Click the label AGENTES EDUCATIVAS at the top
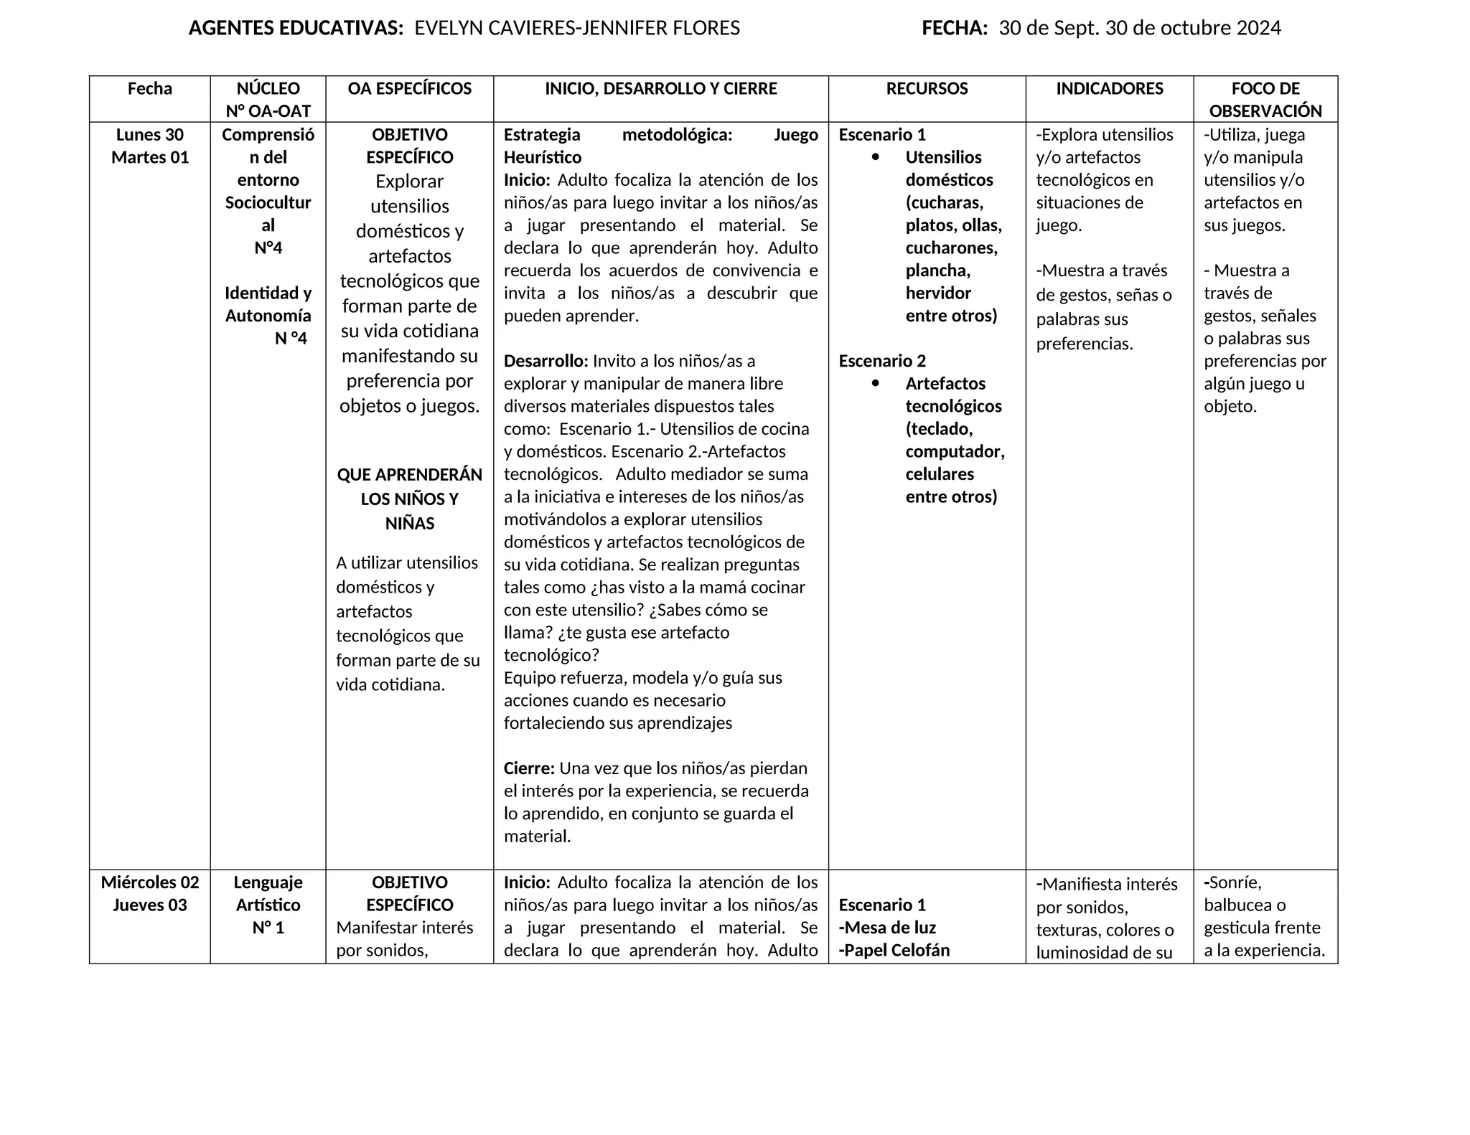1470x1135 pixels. [x=295, y=28]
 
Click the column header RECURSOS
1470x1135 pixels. [x=927, y=89]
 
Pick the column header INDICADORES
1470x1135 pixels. [x=1109, y=89]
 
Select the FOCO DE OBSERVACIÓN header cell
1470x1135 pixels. [x=1265, y=100]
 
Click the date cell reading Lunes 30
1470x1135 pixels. [x=150, y=135]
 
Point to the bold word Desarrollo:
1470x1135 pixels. [x=546, y=361]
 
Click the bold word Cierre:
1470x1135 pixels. [x=529, y=768]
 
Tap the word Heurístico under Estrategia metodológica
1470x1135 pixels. [x=543, y=157]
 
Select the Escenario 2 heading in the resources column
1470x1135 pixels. [x=882, y=361]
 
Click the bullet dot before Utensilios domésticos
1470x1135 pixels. [x=875, y=157]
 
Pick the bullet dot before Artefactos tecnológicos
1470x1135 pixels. [x=875, y=384]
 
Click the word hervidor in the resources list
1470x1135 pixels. [x=938, y=293]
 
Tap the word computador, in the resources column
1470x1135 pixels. [x=955, y=452]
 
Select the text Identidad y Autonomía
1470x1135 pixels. [x=268, y=304]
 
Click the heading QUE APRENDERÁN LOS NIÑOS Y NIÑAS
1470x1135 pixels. [x=410, y=499]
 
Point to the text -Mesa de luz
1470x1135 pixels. [x=887, y=928]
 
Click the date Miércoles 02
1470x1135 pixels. [x=150, y=882]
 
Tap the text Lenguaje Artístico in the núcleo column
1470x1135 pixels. [x=268, y=893]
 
